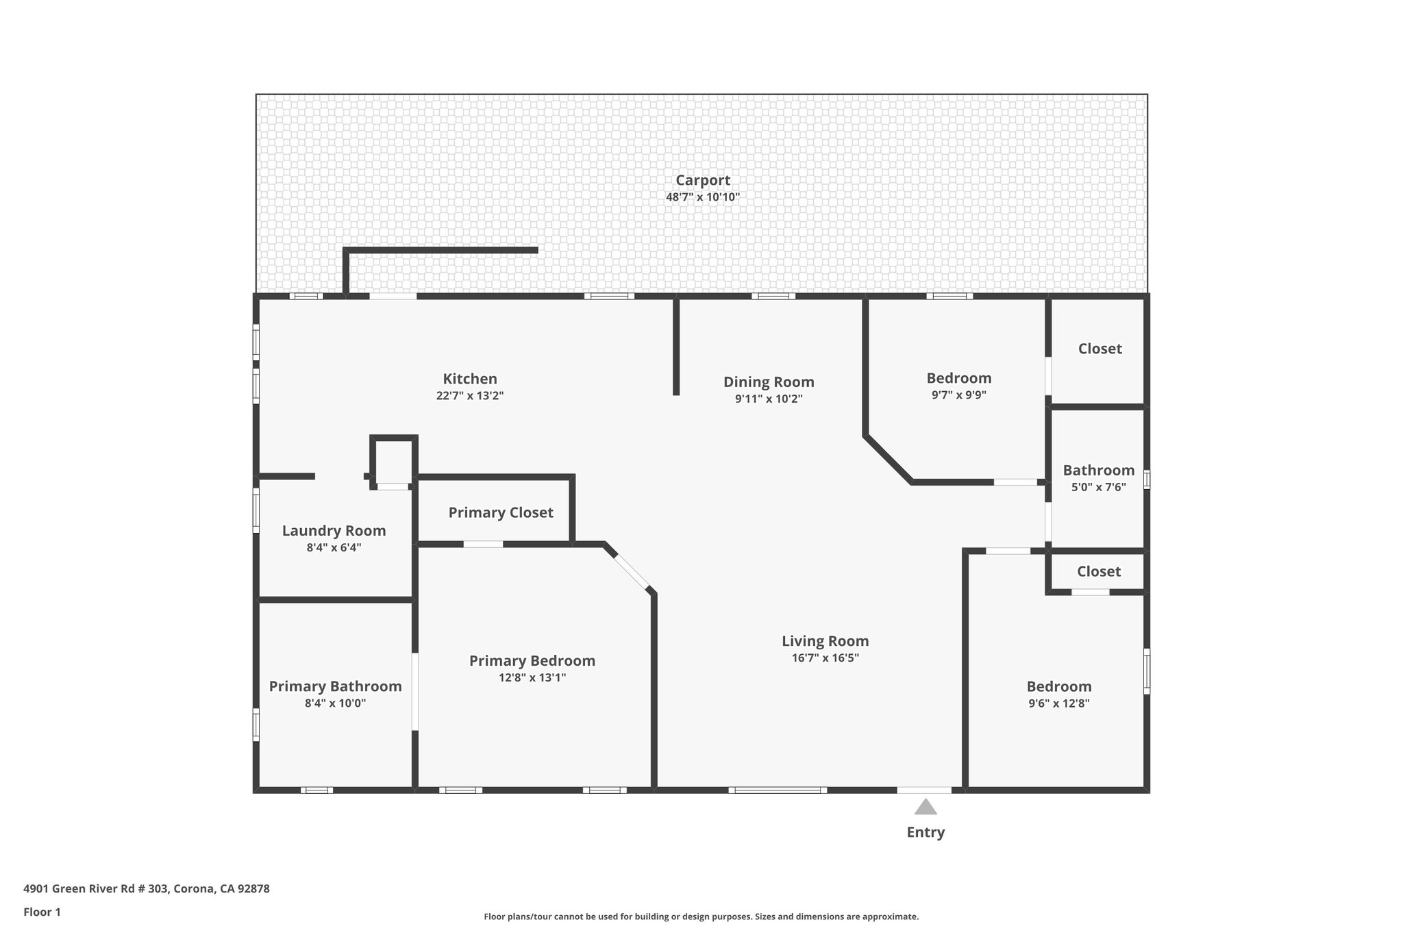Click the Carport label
point(703,180)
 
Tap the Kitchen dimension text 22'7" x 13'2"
point(470,396)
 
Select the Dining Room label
point(769,382)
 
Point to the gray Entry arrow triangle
point(926,807)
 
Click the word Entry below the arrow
point(926,832)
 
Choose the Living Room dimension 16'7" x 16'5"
point(825,658)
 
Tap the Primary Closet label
point(501,512)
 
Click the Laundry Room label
point(334,531)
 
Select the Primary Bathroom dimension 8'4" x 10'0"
point(335,703)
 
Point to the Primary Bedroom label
point(532,661)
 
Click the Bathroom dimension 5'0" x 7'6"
point(1098,488)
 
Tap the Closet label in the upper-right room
point(1100,349)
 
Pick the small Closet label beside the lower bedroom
point(1098,571)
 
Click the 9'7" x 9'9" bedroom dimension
point(958,395)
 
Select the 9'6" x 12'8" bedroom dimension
point(1058,703)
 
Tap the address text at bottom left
point(147,889)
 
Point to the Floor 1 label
point(42,912)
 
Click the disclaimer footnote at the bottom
point(701,917)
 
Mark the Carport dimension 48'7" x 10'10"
point(703,197)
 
